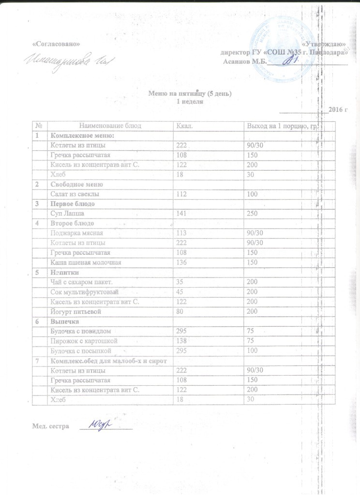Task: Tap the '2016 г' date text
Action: tap(338, 110)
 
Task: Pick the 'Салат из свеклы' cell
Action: tap(75, 194)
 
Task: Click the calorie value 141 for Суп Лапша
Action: tap(181, 213)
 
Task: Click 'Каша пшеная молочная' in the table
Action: tap(86, 262)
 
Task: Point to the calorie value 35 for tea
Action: tap(180, 282)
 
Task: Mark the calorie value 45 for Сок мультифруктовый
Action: tap(180, 292)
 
